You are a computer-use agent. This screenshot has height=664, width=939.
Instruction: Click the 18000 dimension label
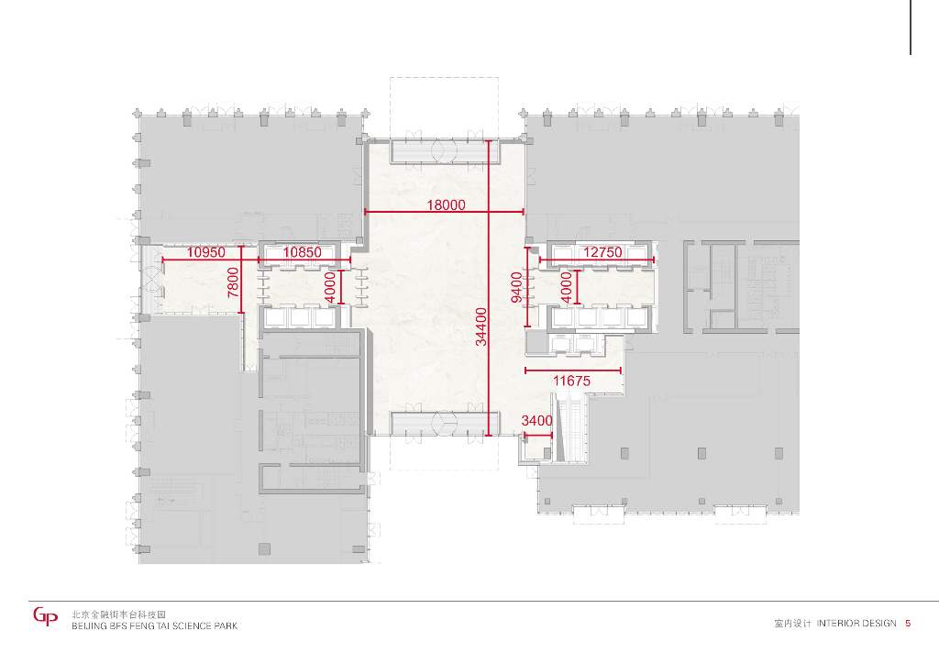[446, 205]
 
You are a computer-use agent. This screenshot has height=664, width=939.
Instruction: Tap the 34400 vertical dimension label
[481, 326]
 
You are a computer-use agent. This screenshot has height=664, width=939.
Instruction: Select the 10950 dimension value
[206, 252]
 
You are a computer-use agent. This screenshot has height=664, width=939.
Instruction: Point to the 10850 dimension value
[302, 252]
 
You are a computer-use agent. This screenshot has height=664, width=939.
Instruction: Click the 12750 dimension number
[602, 252]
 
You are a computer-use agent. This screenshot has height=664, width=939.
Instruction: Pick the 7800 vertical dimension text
[233, 282]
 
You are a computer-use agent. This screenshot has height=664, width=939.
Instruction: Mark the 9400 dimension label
[517, 287]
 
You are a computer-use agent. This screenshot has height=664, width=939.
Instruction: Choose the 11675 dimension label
[571, 381]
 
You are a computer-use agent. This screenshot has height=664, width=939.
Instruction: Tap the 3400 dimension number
[536, 421]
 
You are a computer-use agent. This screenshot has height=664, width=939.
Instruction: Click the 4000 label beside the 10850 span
[330, 287]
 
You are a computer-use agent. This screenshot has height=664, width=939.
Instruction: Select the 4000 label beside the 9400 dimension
[567, 287]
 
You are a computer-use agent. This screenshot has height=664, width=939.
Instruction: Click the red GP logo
[46, 616]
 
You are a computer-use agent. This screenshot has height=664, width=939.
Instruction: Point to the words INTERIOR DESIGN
[856, 624]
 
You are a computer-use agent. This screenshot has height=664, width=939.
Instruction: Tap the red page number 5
[908, 624]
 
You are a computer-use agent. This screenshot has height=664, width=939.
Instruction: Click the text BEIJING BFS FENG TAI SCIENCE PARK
[154, 626]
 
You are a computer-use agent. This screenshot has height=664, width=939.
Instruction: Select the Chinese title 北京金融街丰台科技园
[118, 614]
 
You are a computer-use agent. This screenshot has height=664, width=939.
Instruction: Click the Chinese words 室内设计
[792, 624]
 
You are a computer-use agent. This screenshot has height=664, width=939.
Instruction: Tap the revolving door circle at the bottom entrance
[445, 424]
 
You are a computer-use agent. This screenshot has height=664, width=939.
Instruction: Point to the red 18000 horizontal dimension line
[445, 212]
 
